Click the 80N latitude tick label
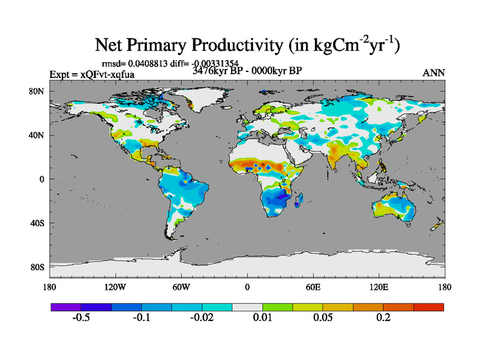tap(37, 91)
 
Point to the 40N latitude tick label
tap(37, 135)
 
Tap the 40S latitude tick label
tap(37, 223)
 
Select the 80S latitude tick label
tap(37, 267)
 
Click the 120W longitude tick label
tap(115, 286)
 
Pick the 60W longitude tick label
tap(181, 286)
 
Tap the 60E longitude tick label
tap(313, 286)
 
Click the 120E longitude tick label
tap(379, 286)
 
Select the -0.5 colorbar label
tap(81, 317)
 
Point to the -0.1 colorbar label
tap(142, 317)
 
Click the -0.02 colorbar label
tap(202, 317)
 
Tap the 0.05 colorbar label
tap(323, 317)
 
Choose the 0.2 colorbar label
tap(383, 317)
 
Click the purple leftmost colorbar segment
tap(66, 307)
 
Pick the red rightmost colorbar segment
tap(429, 307)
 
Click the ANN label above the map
tap(433, 73)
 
